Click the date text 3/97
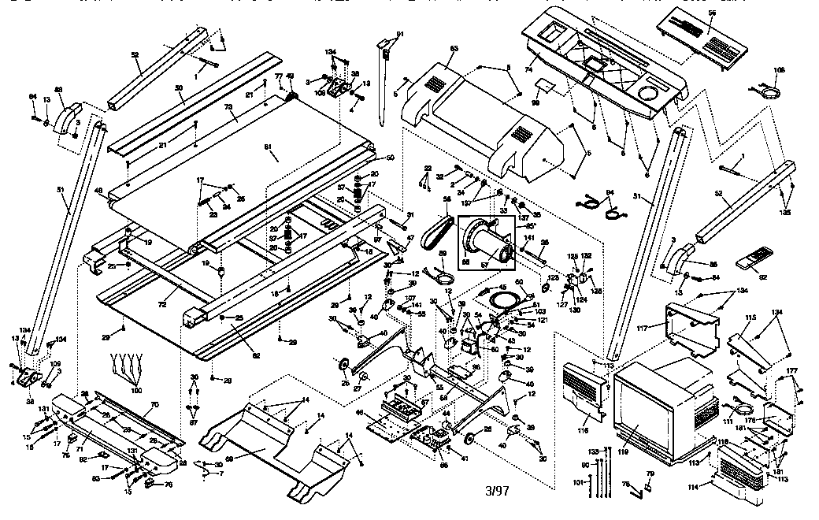tap(498, 491)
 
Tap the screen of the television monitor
tap(643, 403)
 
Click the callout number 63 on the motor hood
tap(454, 50)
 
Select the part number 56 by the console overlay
tap(713, 13)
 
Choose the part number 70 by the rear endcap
tap(154, 405)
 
